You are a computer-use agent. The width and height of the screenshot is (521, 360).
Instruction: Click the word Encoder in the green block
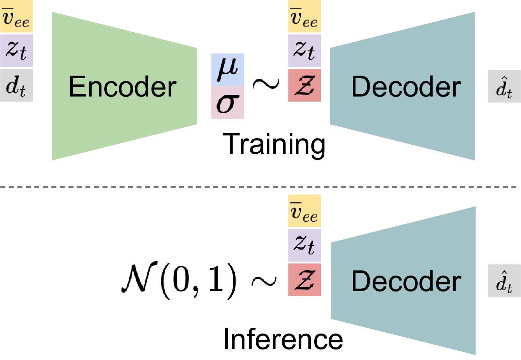(x=122, y=86)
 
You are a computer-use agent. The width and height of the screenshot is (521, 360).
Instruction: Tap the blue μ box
(x=227, y=70)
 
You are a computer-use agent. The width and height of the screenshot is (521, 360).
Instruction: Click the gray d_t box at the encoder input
(x=16, y=85)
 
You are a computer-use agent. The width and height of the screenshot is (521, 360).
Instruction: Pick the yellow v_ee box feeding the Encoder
(x=16, y=17)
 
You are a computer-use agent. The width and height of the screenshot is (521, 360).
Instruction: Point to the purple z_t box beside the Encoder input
(x=16, y=51)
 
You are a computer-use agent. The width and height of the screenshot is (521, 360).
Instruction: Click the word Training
(x=274, y=144)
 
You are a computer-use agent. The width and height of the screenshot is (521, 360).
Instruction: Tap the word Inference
(x=283, y=339)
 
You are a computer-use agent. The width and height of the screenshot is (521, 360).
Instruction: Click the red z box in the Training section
(x=304, y=85)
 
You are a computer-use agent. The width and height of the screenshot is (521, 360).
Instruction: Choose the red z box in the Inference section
(x=304, y=280)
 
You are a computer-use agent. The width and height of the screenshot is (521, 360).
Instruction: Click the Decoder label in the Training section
(x=406, y=86)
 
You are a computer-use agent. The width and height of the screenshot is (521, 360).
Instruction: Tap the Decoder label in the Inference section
(x=406, y=281)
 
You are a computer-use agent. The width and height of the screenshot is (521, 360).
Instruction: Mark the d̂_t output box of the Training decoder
(x=504, y=86)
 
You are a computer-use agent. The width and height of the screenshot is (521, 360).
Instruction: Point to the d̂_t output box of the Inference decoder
(x=504, y=281)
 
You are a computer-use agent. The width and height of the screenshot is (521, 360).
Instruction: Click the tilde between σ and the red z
(x=266, y=84)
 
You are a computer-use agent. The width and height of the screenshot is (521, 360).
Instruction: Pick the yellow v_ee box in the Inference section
(x=304, y=211)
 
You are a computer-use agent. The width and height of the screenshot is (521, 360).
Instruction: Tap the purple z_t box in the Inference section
(x=304, y=245)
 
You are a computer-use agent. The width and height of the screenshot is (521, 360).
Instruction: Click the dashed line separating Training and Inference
(x=117, y=187)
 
